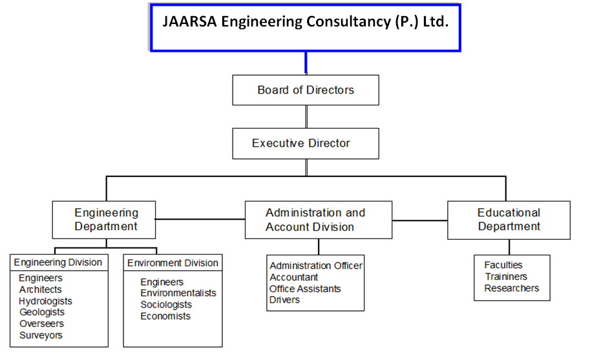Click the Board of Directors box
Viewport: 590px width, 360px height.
306,90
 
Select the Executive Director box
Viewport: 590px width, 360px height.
306,143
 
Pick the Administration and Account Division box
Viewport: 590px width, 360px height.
318,220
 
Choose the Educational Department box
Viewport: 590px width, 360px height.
509,220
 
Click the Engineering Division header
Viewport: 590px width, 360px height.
58,262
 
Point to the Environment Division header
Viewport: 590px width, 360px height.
173,263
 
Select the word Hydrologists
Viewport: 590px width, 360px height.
46,301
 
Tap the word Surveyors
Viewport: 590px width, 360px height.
41,335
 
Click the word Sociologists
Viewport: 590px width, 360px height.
166,304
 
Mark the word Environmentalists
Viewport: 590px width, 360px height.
178,293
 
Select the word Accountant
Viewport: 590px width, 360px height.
294,277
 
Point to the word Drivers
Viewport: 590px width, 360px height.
284,300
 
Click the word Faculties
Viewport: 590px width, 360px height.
503,265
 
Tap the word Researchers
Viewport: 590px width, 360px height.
512,288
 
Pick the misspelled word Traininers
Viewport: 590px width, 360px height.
506,277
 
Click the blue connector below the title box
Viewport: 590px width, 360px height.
306,63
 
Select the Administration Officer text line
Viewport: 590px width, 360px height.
316,266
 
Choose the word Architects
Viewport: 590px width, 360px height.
41,290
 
